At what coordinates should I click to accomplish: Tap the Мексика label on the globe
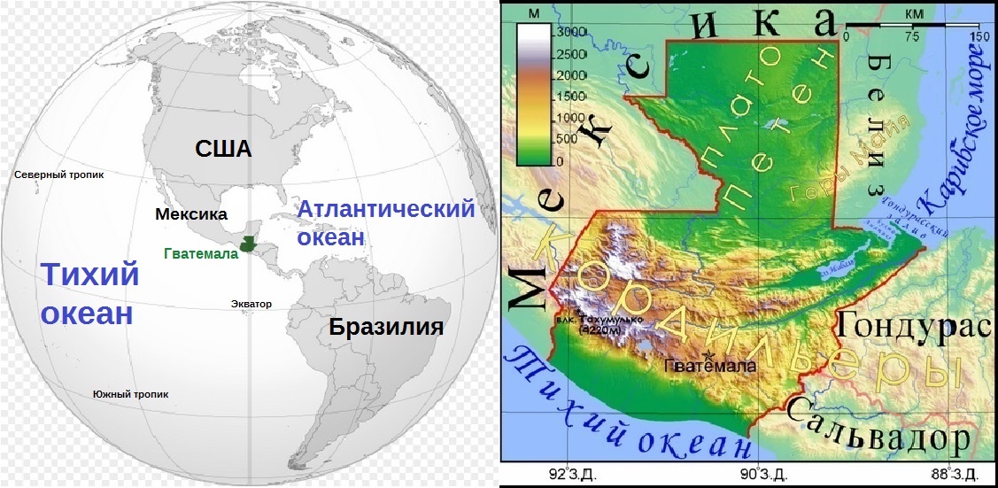click(x=190, y=214)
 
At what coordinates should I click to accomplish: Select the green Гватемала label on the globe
click(x=201, y=253)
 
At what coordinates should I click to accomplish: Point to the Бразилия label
click(x=385, y=328)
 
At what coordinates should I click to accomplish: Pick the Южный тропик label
click(x=130, y=395)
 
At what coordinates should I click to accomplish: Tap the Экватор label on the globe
click(x=251, y=304)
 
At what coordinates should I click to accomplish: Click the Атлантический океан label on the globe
click(x=385, y=223)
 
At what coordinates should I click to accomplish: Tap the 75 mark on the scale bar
click(x=913, y=37)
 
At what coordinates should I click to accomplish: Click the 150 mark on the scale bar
click(x=979, y=37)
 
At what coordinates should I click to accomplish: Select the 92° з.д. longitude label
click(x=572, y=474)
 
